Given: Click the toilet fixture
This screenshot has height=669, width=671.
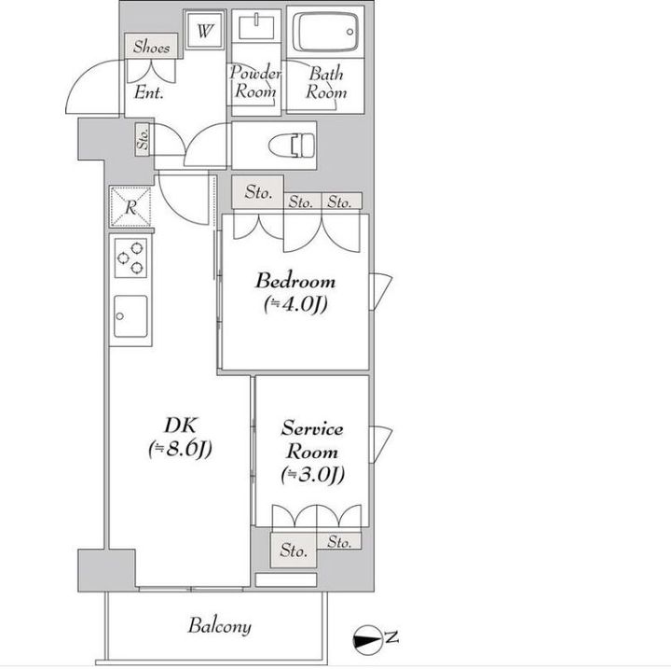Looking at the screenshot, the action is [292, 146].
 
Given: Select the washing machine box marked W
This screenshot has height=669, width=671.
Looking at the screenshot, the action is [205, 31].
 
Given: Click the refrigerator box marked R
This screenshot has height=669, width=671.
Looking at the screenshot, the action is [130, 207].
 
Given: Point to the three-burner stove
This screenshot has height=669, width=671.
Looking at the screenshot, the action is [131, 258].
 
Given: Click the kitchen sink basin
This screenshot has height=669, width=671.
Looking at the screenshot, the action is [131, 316].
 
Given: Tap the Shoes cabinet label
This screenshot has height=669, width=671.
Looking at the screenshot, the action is [151, 47].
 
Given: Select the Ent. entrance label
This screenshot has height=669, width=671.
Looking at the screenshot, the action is [148, 92].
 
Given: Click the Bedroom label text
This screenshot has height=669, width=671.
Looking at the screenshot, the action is [295, 281].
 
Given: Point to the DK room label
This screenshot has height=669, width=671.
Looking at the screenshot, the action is [180, 425].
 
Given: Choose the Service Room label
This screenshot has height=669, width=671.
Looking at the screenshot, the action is [312, 440].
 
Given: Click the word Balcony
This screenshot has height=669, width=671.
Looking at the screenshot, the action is [219, 626].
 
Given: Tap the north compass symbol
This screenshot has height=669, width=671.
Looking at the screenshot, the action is [367, 640].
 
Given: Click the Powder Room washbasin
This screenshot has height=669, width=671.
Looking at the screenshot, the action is [256, 26].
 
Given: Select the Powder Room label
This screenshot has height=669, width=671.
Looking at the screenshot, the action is [255, 81].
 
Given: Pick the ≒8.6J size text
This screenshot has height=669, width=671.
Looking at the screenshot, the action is [180, 449].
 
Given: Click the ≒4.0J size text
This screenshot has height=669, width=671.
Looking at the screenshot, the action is [295, 305].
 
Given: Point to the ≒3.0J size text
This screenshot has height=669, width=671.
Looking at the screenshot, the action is [313, 474].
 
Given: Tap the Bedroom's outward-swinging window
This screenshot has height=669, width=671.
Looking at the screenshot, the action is [380, 291].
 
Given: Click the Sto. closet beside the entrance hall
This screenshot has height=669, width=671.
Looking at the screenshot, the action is [144, 139].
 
